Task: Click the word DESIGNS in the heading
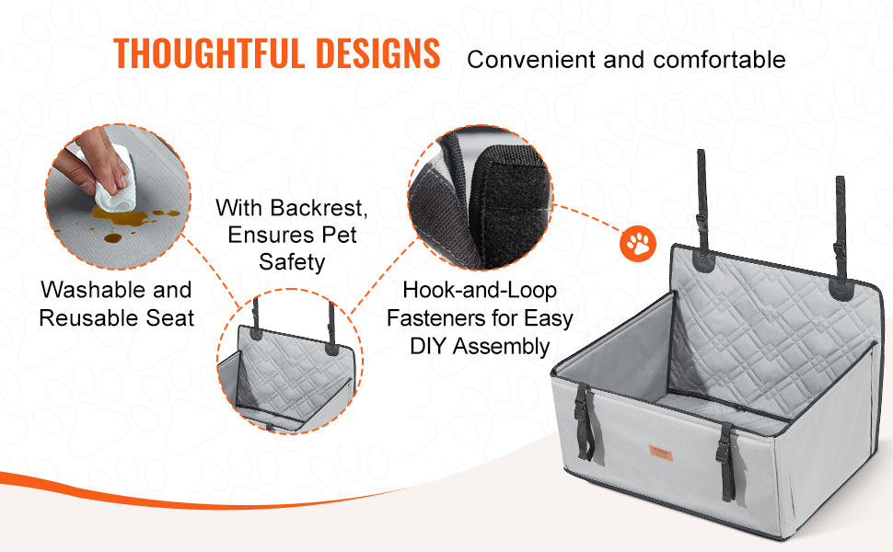[377, 53]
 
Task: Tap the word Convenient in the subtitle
[531, 60]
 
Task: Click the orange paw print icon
[638, 244]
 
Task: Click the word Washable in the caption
[93, 290]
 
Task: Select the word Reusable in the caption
[89, 318]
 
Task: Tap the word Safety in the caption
[292, 262]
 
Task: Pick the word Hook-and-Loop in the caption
[480, 291]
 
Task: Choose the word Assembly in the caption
[501, 347]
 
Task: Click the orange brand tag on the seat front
[661, 453]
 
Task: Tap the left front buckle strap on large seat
[585, 421]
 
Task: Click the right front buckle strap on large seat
[725, 461]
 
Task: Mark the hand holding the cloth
[94, 161]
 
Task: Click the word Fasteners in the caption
[438, 318]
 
